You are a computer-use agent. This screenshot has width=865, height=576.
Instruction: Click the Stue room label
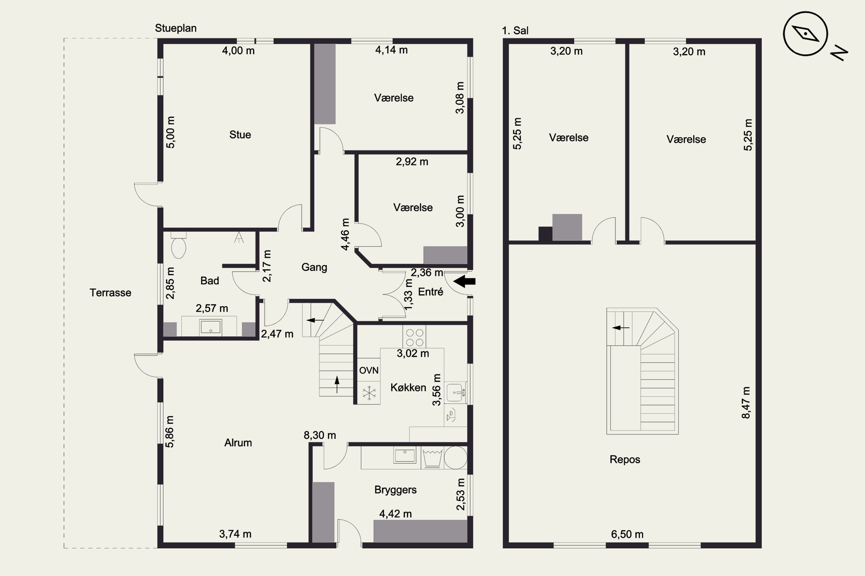240,135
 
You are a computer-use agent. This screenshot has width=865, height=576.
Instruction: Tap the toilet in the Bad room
178,245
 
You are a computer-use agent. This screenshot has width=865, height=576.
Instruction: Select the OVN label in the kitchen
369,370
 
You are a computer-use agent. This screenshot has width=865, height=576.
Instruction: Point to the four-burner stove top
415,337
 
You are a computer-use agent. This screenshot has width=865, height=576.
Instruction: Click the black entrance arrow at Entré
464,281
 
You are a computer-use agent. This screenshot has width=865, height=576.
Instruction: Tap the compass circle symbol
805,34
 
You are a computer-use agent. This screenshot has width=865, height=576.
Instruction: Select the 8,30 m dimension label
319,435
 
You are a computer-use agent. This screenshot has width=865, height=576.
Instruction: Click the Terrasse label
110,293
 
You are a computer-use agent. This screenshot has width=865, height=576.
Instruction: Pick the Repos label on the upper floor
625,460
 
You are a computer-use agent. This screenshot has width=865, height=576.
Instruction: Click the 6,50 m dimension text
627,534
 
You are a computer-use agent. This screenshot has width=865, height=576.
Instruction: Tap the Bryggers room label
395,490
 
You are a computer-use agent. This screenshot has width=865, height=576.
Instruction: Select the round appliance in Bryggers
456,457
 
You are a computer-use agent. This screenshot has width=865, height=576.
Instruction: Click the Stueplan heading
176,28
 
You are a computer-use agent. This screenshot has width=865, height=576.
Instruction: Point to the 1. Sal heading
515,31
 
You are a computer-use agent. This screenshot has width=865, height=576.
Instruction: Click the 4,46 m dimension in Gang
345,234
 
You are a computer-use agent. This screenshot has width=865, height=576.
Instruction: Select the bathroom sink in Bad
210,327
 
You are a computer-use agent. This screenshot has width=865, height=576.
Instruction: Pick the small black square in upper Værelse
546,234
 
